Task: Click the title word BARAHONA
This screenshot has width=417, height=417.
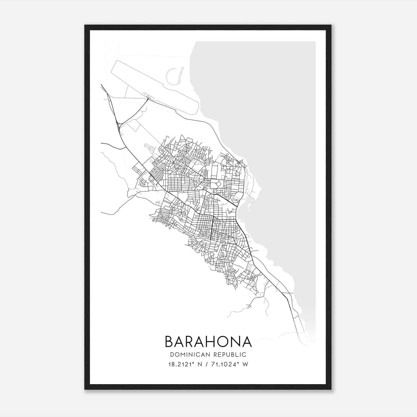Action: (x=208, y=342)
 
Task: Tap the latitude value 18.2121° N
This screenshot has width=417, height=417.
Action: (x=185, y=364)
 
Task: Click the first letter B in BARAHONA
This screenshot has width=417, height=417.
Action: (x=169, y=342)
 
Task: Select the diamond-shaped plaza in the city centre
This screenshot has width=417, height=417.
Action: (x=218, y=184)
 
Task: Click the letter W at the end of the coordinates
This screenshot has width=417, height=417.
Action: (x=245, y=364)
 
